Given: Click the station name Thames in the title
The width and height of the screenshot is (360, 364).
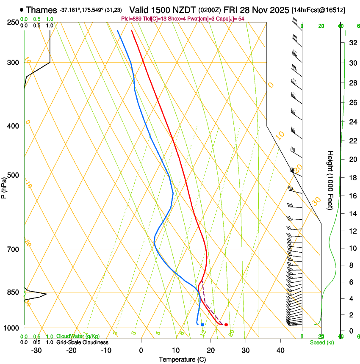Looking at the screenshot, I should [x=41, y=10].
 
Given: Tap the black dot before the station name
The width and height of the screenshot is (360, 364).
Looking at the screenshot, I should [x=21, y=9].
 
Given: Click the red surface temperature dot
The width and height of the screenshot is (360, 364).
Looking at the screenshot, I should [x=226, y=325].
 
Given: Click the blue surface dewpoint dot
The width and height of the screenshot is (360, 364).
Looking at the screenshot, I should [x=203, y=325].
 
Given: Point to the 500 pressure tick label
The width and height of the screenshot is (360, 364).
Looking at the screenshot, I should [x=14, y=175].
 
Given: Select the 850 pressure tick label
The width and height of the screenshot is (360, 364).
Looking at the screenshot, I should [x=14, y=292].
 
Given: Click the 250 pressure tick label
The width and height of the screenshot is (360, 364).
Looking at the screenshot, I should [x=14, y=22].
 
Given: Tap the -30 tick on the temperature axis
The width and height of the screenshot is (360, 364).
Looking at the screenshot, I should [x=36, y=350].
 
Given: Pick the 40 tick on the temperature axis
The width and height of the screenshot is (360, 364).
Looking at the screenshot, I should [x=280, y=350].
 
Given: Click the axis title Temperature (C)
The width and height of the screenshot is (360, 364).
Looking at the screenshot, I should [x=183, y=359].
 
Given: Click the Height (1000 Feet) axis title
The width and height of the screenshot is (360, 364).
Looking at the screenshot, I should [x=331, y=180].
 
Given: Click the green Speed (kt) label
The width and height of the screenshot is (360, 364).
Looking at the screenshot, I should [x=321, y=342].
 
